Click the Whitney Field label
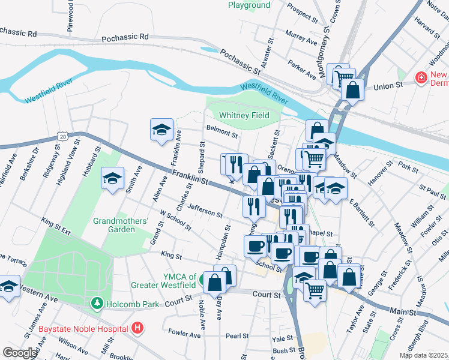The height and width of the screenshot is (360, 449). pyautogui.click(x=243, y=115)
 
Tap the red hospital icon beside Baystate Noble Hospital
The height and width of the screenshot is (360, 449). pyautogui.click(x=137, y=328)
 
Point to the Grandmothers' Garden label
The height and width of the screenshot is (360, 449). pyautogui.click(x=121, y=226)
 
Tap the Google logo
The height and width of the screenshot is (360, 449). pyautogui.click(x=20, y=353)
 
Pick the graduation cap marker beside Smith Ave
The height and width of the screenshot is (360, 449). pyautogui.click(x=112, y=178)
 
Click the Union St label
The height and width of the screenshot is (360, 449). pyautogui.click(x=387, y=86)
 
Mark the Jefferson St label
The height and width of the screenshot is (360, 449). pyautogui.click(x=205, y=210)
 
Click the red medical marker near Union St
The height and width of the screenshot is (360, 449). pyautogui.click(x=421, y=78)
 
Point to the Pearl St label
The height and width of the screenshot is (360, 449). pyautogui.click(x=237, y=335)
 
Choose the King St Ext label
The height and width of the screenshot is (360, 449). pyautogui.click(x=56, y=227)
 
